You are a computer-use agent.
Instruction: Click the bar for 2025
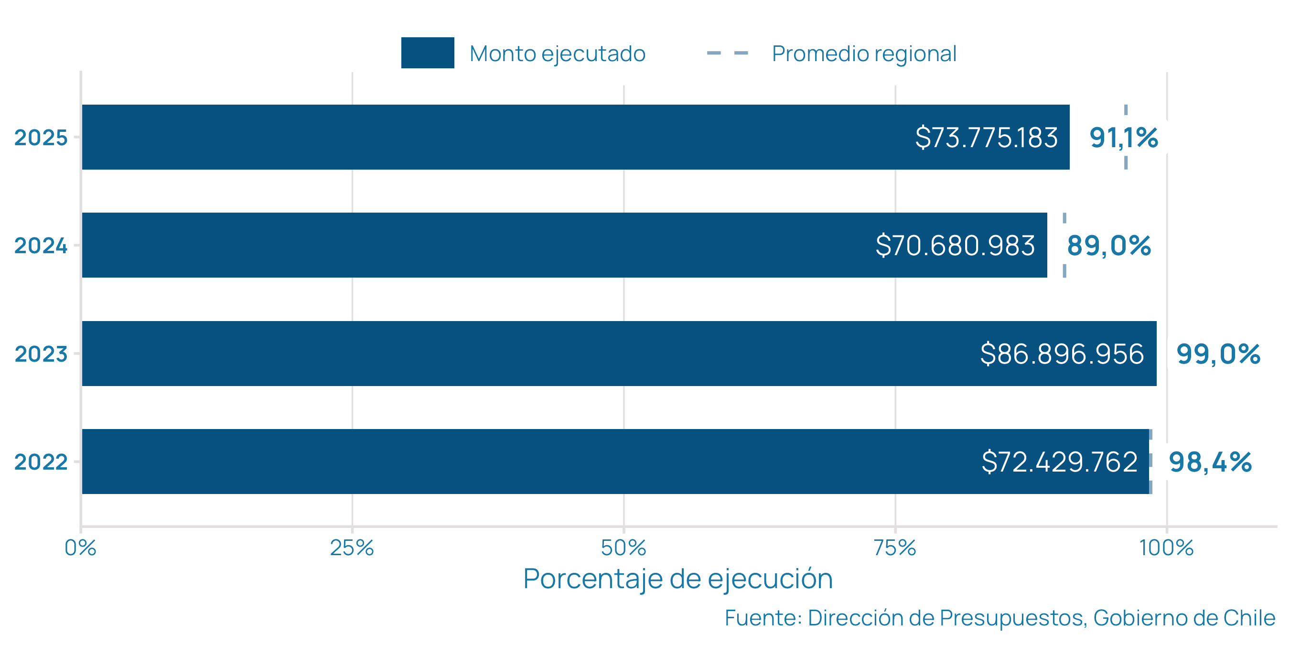pos(501,137)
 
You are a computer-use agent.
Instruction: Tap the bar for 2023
pos(501,354)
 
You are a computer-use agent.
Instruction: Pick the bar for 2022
pos(501,461)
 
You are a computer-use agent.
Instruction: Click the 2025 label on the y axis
pos(41,138)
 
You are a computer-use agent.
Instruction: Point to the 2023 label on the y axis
pos(41,354)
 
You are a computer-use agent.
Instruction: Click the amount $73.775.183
pos(986,137)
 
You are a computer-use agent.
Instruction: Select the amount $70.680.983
pos(955,246)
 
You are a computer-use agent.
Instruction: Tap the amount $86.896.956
pos(1062,354)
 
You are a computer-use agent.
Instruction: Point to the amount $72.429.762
pos(1059,462)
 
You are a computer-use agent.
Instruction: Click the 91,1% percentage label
pos(1123,138)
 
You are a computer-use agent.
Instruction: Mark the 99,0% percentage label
pos(1218,354)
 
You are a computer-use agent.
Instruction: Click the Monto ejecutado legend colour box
pos(427,53)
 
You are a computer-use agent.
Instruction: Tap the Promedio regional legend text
pos(864,54)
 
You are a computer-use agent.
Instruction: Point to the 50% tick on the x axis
pos(623,548)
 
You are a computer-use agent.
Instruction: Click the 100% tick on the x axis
pos(1166,548)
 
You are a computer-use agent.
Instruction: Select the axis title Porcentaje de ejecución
pos(677,579)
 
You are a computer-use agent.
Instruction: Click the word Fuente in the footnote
pos(763,618)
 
